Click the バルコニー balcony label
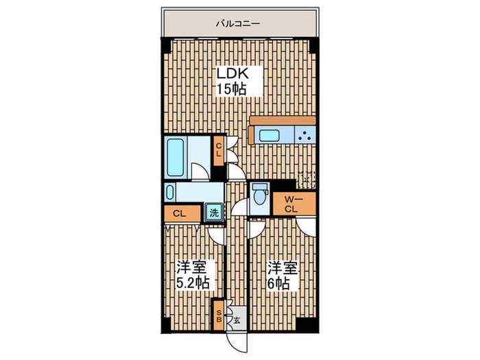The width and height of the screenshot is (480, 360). point(237,23)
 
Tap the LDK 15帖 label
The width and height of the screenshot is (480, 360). point(231,81)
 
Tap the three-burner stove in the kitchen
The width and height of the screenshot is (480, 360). point(305,135)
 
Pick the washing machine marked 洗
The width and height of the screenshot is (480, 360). point(215,213)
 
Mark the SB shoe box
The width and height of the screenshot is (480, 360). point(219,314)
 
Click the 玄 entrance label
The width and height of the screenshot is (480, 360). point(236,320)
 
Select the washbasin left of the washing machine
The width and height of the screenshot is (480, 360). point(184,191)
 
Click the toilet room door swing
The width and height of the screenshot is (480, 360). point(257,226)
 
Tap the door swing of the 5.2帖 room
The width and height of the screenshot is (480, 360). point(216,234)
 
